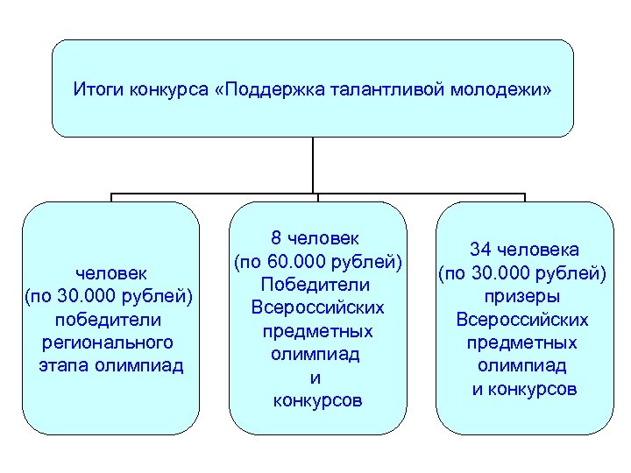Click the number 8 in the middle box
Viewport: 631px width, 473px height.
click(276, 238)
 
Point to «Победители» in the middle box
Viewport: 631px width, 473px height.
click(318, 285)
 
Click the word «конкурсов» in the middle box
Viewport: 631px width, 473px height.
click(318, 402)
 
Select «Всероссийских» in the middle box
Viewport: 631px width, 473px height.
click(318, 308)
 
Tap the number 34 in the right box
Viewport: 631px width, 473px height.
click(480, 250)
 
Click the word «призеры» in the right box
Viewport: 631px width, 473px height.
click(524, 296)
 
